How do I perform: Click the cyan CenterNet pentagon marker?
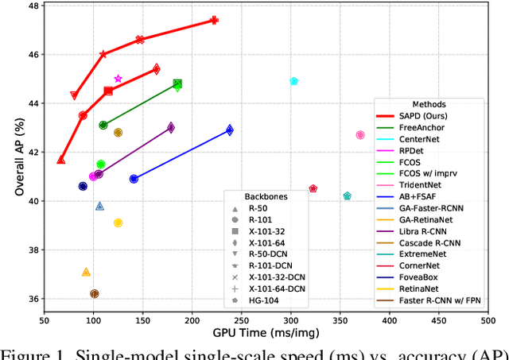293,81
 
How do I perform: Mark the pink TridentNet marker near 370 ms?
360,135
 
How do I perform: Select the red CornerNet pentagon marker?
313,188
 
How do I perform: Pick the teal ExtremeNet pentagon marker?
347,195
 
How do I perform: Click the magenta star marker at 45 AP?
119,79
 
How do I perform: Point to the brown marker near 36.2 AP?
94,294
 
